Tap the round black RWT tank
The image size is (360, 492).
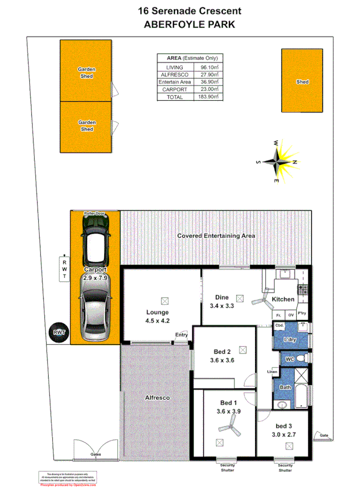coord(58,332)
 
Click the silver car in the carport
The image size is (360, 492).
coord(94,308)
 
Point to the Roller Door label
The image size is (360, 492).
coord(95,214)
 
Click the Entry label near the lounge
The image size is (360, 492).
coord(181,335)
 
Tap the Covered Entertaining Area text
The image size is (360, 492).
coord(216,236)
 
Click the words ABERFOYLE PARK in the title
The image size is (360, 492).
coord(181,24)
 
